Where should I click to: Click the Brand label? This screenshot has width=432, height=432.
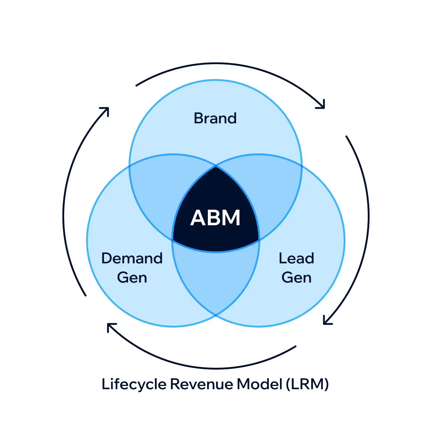(x=215, y=118)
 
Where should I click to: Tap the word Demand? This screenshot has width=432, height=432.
(x=132, y=258)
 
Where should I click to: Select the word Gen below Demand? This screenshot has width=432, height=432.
(x=132, y=277)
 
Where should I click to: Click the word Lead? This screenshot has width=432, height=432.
(x=296, y=258)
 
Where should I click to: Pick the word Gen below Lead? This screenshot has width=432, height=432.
(x=296, y=277)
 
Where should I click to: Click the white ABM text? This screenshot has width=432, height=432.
(x=215, y=218)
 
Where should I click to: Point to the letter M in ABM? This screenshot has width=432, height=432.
(x=231, y=218)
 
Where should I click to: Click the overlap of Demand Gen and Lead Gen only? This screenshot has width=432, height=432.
(x=216, y=279)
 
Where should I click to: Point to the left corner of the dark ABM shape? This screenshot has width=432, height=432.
(x=173, y=240)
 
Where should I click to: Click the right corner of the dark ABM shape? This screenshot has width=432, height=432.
(x=258, y=240)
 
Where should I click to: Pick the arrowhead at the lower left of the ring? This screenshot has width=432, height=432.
(x=110, y=325)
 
